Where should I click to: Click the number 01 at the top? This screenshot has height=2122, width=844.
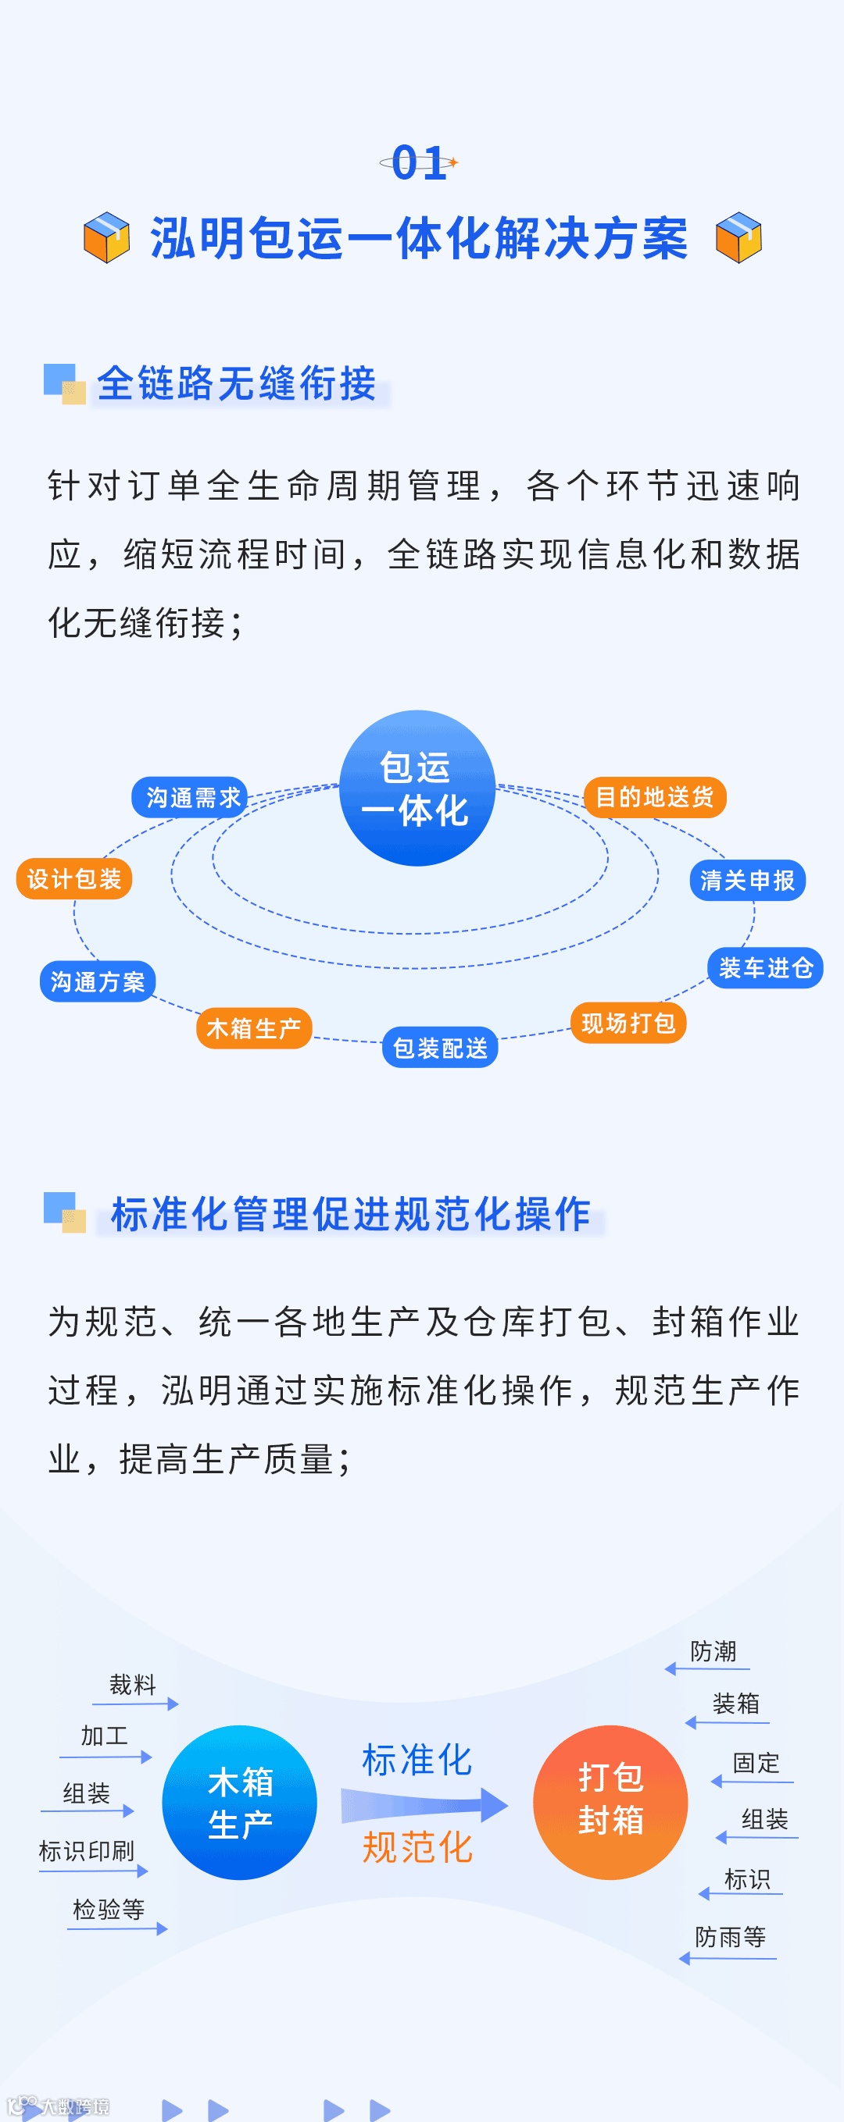click(x=419, y=162)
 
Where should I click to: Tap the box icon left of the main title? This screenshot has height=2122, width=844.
click(x=107, y=237)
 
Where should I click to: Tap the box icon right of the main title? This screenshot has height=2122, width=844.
click(x=738, y=237)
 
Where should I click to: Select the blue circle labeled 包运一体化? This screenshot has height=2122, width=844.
click(x=417, y=788)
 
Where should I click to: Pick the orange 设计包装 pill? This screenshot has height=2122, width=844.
click(x=74, y=879)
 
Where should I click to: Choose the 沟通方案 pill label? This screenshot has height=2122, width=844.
click(x=97, y=981)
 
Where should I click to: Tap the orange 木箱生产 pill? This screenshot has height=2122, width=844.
click(x=254, y=1028)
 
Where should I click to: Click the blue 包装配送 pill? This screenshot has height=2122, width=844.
click(x=440, y=1048)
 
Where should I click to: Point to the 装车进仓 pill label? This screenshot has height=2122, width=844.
click(x=765, y=968)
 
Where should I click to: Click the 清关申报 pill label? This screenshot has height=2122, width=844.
click(x=747, y=881)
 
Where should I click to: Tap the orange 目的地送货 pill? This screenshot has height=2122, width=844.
click(x=654, y=797)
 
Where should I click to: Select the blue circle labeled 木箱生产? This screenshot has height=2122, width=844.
click(x=240, y=1803)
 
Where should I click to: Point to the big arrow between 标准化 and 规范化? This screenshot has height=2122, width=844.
click(x=424, y=1805)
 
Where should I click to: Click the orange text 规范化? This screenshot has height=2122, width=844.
click(x=417, y=1848)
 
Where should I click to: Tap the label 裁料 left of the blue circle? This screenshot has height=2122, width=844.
click(x=133, y=1685)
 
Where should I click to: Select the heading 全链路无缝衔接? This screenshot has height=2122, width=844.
click(x=237, y=384)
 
